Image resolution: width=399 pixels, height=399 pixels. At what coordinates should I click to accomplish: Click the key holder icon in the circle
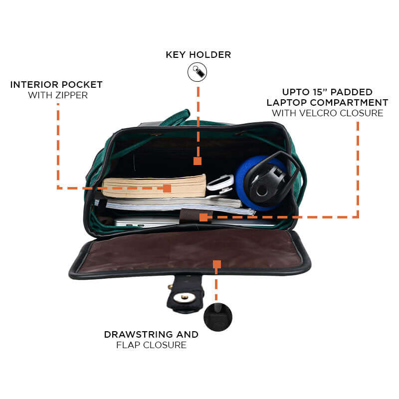pos(197,72)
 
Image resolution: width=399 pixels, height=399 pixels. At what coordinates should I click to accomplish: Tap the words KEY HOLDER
pos(199,54)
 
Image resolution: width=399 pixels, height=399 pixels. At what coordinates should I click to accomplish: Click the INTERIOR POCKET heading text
pos(56,84)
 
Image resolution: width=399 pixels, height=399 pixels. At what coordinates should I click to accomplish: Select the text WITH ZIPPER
pos(58,95)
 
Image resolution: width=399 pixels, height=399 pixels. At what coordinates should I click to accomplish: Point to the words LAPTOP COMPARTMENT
pos(327,102)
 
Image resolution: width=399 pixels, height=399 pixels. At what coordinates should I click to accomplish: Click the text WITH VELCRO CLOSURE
pos(327,113)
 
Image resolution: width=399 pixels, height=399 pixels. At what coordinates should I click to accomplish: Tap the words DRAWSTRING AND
pos(151,334)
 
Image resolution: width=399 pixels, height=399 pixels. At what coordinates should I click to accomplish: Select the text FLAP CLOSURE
pos(151,345)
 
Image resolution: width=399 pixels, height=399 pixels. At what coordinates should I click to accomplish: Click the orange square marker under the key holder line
pos(198,161)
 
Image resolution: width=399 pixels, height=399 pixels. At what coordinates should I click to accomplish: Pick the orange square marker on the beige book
pos(167,188)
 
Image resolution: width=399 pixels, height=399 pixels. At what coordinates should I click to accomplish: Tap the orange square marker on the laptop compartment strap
pos(203,217)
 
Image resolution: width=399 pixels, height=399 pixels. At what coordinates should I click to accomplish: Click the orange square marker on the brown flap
pos(216,264)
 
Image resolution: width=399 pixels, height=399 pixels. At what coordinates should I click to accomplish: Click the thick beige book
pos(150,186)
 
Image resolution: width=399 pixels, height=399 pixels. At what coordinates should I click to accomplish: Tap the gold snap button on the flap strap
pos(185,298)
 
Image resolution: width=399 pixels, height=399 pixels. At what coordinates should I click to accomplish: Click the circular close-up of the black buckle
pos(218,317)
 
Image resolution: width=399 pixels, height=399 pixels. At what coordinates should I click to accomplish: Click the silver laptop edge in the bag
pos(145,222)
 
